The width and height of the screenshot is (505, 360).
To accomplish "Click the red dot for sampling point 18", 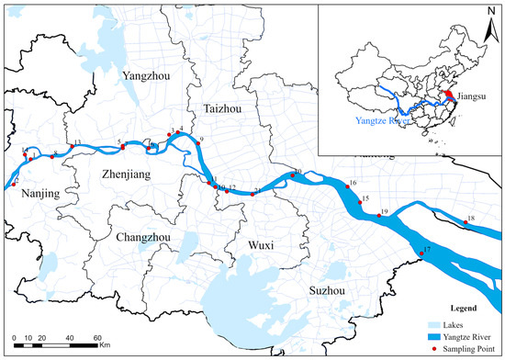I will coord(466,222).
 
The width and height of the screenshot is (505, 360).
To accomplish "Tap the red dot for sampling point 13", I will coord(73,147).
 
